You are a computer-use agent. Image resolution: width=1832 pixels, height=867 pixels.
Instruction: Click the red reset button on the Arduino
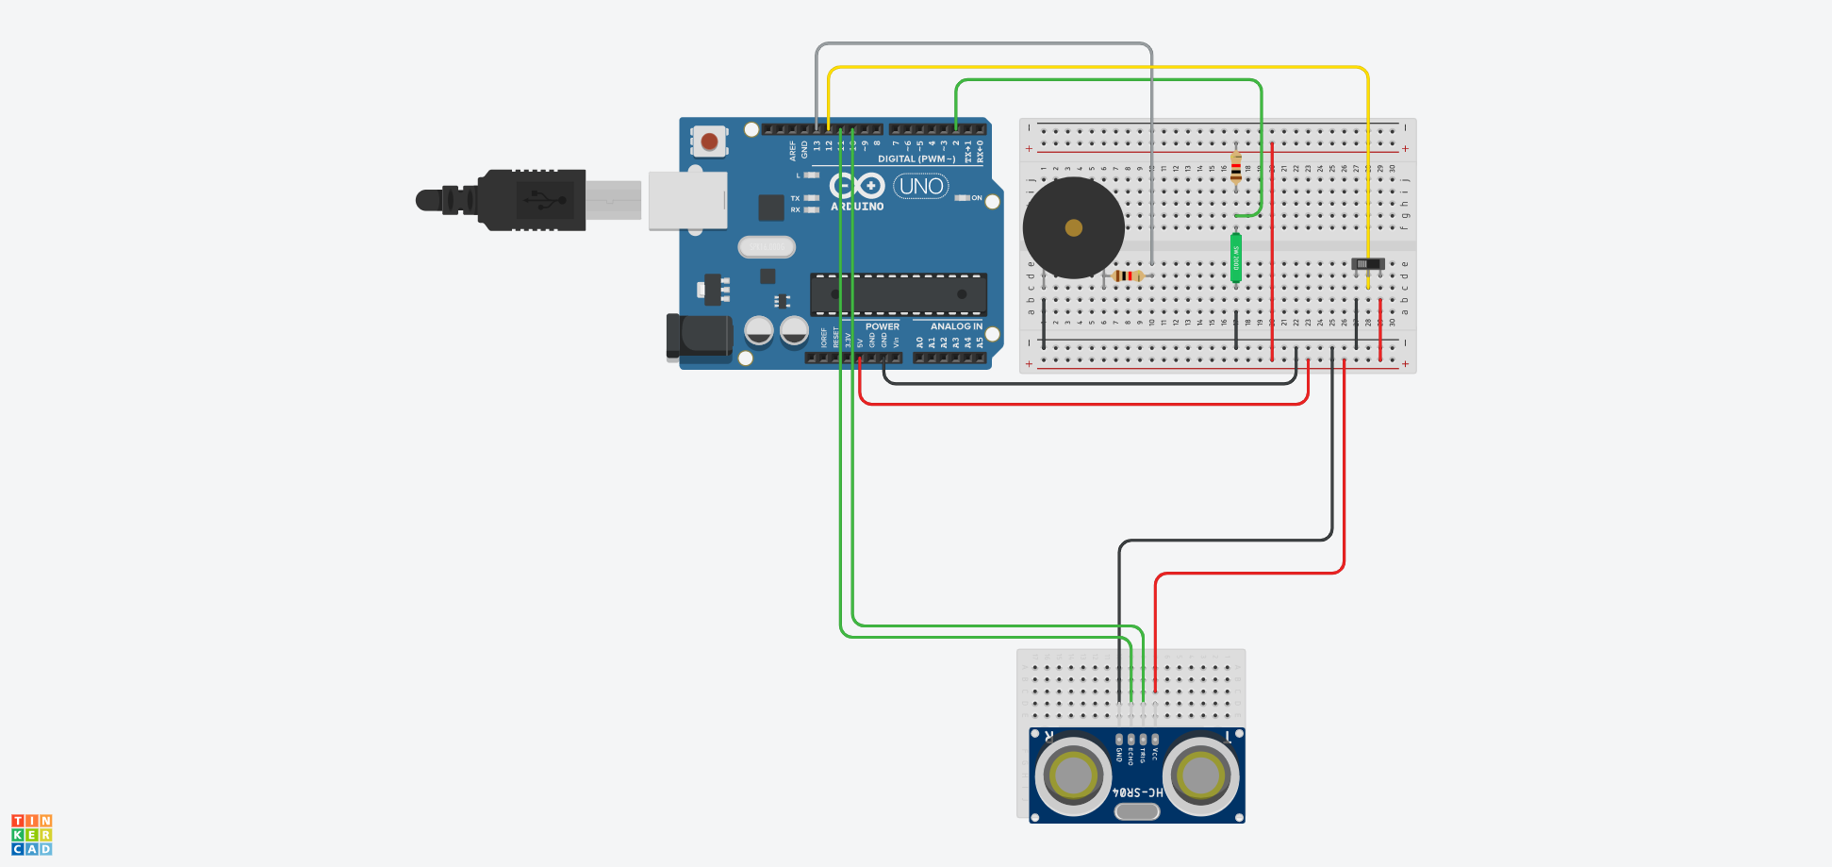(x=709, y=142)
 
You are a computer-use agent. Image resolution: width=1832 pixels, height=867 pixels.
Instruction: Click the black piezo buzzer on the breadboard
(x=1073, y=227)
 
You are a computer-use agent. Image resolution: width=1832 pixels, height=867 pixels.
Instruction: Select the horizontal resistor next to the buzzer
(x=1128, y=275)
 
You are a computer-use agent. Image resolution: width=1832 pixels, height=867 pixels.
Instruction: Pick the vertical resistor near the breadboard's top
(x=1236, y=170)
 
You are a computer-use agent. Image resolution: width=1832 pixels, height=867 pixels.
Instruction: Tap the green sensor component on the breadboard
(x=1236, y=258)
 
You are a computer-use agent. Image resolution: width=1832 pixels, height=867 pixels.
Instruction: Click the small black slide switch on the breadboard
(x=1368, y=264)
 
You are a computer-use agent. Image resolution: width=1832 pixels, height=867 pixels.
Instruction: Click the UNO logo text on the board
(x=921, y=186)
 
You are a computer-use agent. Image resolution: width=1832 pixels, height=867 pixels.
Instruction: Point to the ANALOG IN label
(x=956, y=326)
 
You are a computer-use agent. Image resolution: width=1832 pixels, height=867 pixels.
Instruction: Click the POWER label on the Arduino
(x=882, y=326)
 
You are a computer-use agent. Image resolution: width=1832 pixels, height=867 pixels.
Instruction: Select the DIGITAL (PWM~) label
(x=916, y=158)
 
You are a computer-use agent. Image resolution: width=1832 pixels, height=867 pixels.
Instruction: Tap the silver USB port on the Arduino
(x=687, y=200)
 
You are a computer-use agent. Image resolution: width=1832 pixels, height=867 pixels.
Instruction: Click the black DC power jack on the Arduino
(x=700, y=338)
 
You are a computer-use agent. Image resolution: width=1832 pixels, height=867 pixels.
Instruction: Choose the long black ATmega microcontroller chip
(x=899, y=294)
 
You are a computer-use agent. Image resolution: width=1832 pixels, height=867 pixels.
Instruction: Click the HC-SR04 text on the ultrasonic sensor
(x=1138, y=792)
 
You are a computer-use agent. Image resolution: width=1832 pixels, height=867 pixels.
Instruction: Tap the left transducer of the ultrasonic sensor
(x=1073, y=775)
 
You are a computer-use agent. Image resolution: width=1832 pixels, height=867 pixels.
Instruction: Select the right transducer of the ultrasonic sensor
(x=1200, y=775)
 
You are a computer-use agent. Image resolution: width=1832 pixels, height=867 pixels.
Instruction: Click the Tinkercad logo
(x=32, y=835)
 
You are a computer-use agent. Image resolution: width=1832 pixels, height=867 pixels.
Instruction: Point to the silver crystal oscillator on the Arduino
(x=767, y=247)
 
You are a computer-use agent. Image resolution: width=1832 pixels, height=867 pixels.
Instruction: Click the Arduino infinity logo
(x=856, y=186)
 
